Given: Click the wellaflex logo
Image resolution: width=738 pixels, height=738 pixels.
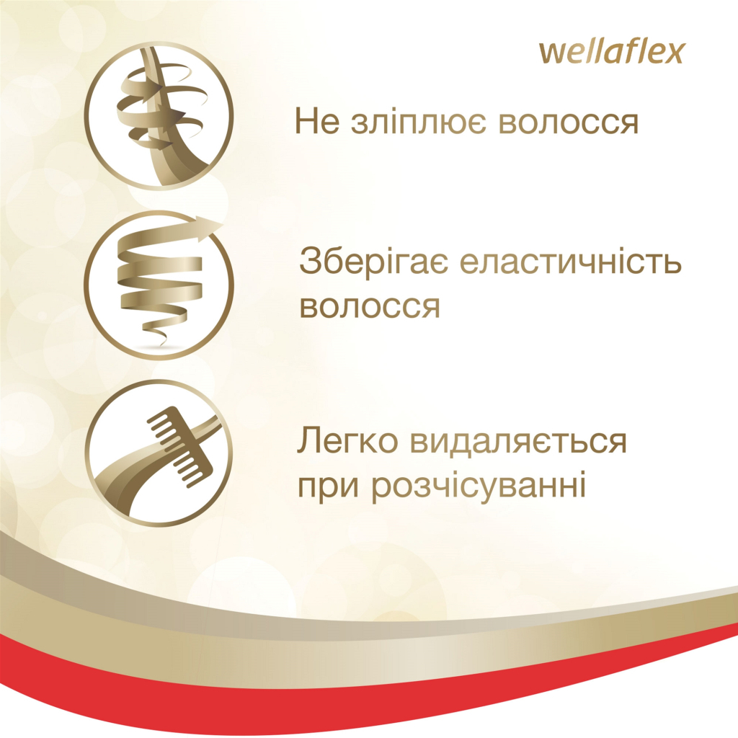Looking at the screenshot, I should click(x=610, y=53).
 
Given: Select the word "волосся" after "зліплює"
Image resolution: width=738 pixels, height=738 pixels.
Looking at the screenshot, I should click(x=559, y=123).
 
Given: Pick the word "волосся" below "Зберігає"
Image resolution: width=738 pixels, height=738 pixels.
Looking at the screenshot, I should click(x=369, y=306).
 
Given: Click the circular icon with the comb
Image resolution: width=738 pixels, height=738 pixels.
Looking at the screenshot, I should click(x=158, y=453).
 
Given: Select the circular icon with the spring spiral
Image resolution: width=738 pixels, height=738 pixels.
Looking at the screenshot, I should click(x=158, y=284).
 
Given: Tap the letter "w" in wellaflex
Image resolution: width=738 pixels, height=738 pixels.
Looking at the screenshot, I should click(x=552, y=53).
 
